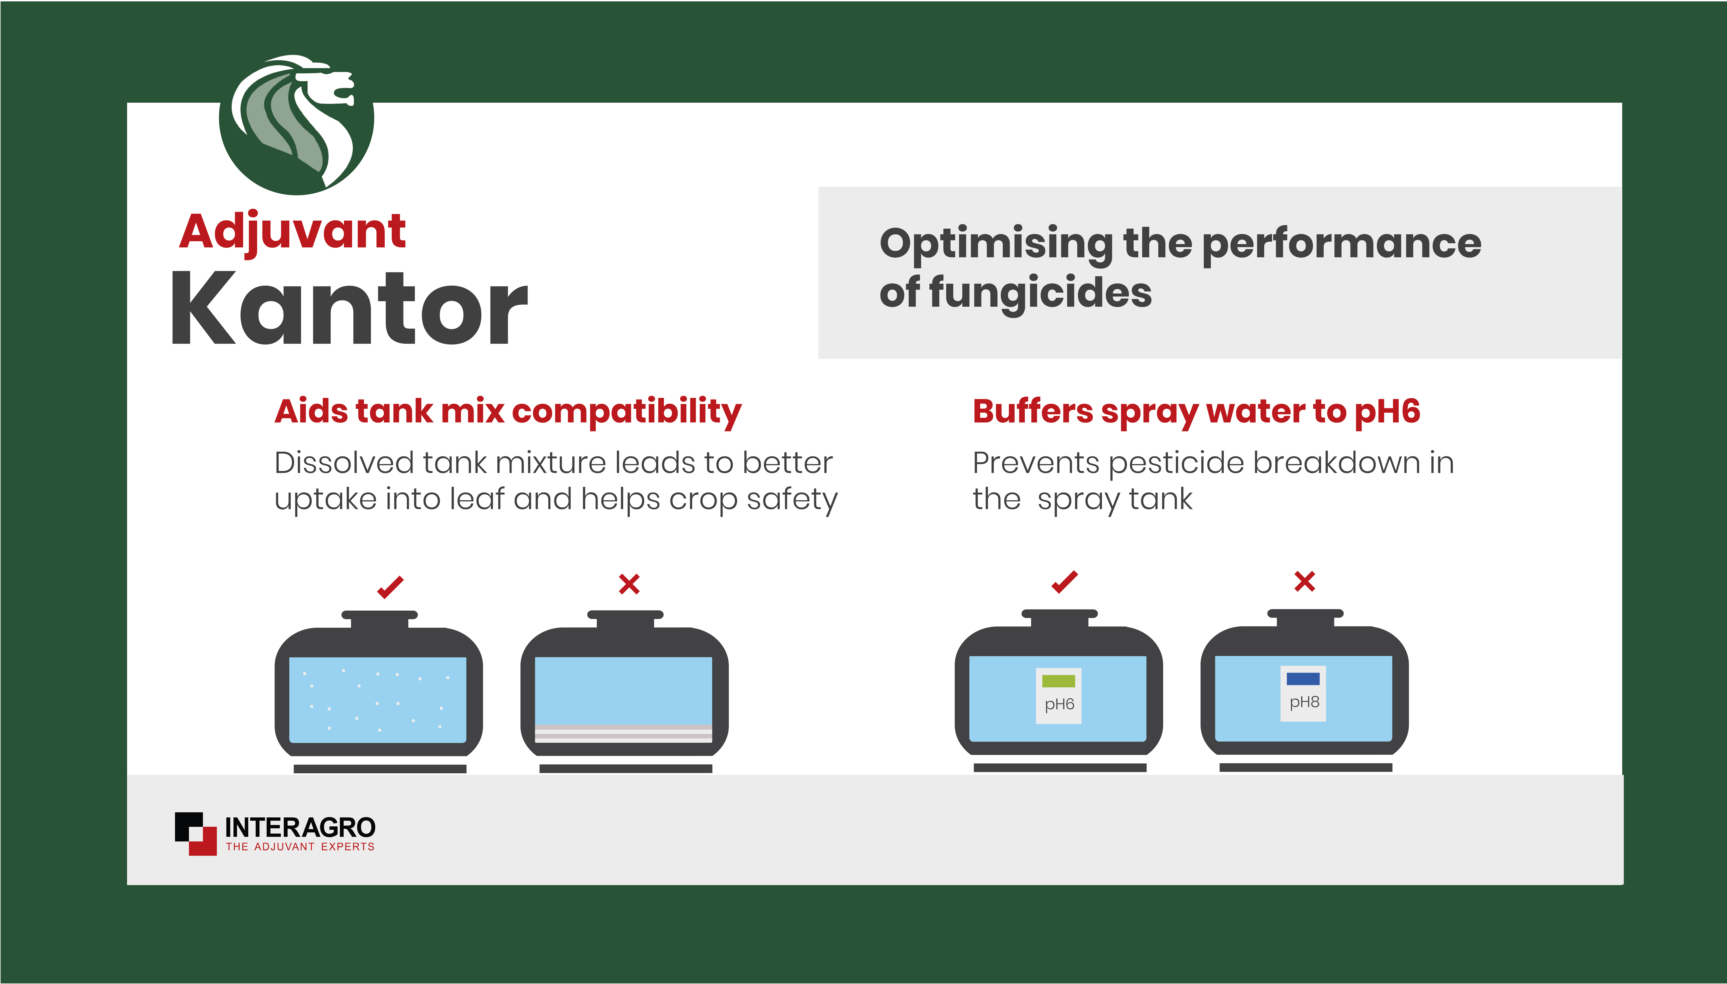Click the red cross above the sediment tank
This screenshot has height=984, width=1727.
tap(629, 584)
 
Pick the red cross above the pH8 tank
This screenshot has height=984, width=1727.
tap(1304, 581)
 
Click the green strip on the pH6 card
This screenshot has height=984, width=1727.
tap(1058, 681)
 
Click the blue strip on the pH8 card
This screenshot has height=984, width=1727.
tap(1303, 679)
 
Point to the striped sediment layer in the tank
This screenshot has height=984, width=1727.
tap(623, 733)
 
